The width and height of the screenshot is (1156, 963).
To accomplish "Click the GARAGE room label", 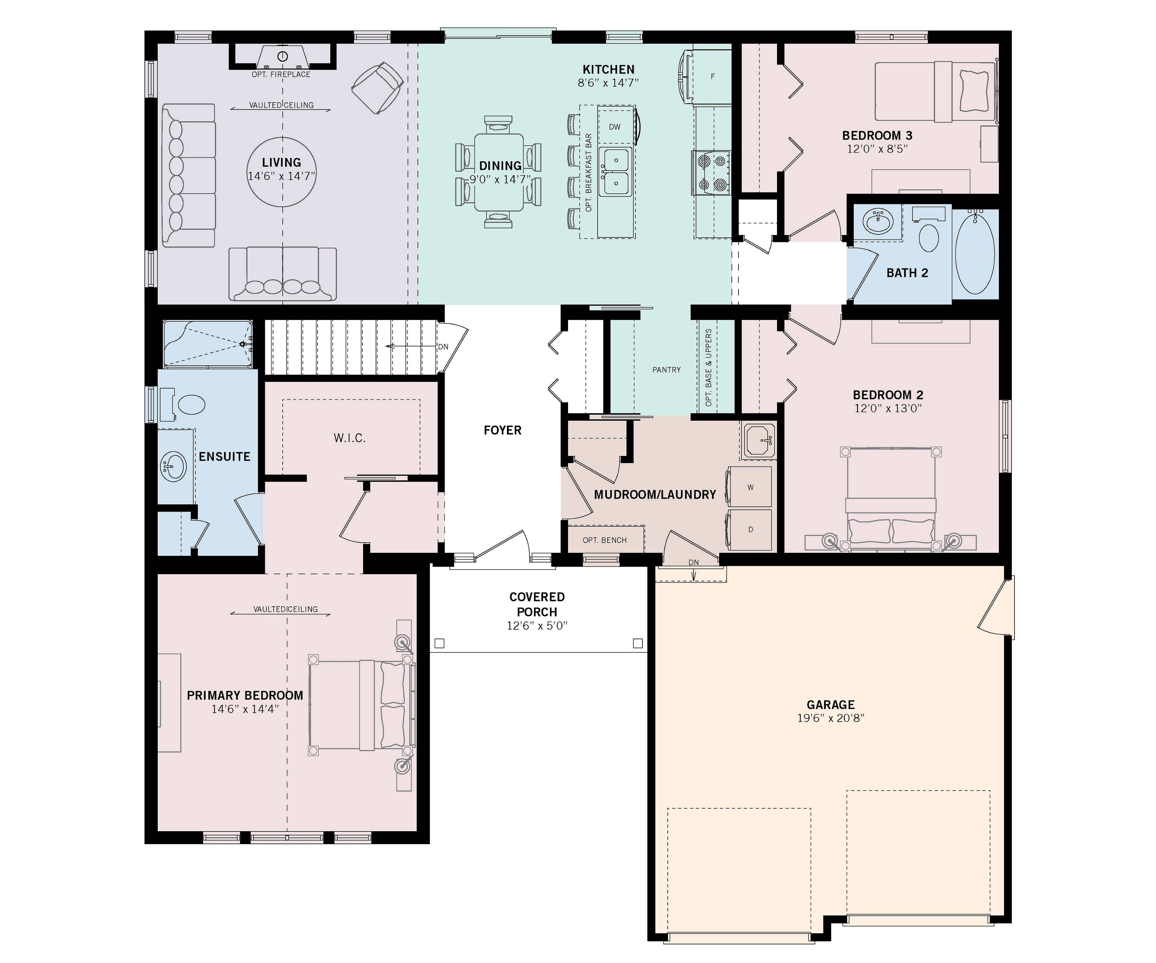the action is [x=831, y=704].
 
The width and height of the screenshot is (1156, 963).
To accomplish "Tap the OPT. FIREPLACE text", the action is [x=281, y=74].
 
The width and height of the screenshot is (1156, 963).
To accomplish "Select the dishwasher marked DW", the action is [x=615, y=127].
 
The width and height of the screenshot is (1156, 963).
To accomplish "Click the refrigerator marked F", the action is [x=712, y=76].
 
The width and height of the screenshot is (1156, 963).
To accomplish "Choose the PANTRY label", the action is [x=667, y=370].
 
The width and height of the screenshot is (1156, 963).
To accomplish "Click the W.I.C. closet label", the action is [x=350, y=438].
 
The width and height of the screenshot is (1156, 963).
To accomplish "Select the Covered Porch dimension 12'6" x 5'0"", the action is [x=537, y=626].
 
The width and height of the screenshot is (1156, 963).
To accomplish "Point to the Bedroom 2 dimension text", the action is [x=888, y=408].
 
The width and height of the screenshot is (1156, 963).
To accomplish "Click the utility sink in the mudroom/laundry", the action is [x=760, y=440].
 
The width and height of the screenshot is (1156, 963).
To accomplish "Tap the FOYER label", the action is [x=502, y=430].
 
